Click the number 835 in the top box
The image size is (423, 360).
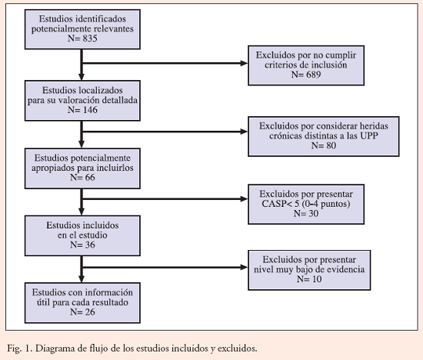[90, 38]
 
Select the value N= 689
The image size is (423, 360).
[306, 75]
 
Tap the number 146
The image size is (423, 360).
[90, 110]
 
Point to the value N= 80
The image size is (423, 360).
[324, 145]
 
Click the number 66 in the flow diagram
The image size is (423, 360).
[90, 177]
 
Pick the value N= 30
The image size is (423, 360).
[306, 214]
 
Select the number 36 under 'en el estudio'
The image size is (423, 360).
[90, 245]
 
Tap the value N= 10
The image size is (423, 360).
[309, 279]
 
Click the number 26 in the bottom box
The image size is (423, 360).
[90, 312]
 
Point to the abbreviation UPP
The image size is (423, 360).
[369, 135]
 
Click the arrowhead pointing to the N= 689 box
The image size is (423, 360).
[244, 63]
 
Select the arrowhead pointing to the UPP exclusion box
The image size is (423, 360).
[244, 132]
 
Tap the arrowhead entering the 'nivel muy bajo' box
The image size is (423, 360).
[244, 268]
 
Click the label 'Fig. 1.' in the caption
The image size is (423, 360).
[20, 348]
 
